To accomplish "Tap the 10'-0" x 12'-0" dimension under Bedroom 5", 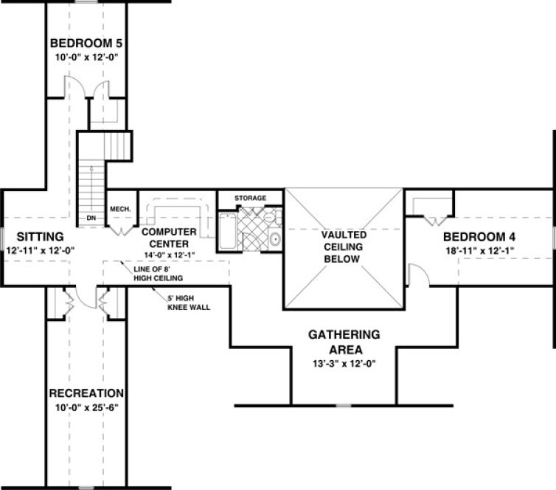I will click(x=86, y=56).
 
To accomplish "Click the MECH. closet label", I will click(x=120, y=210).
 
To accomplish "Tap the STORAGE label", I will click(x=251, y=199).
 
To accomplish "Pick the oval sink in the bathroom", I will click(x=275, y=238).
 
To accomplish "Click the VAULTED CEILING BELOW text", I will click(x=344, y=246).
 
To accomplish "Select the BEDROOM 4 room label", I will click(x=479, y=237).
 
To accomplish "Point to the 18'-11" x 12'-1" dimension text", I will click(x=479, y=252).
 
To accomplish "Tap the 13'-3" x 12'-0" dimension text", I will click(x=344, y=363).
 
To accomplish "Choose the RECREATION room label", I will click(x=86, y=393).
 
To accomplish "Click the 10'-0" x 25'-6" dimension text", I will click(x=86, y=407).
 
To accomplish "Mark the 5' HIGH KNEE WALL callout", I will click(x=185, y=301).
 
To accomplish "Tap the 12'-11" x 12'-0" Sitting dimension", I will click(x=42, y=251).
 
